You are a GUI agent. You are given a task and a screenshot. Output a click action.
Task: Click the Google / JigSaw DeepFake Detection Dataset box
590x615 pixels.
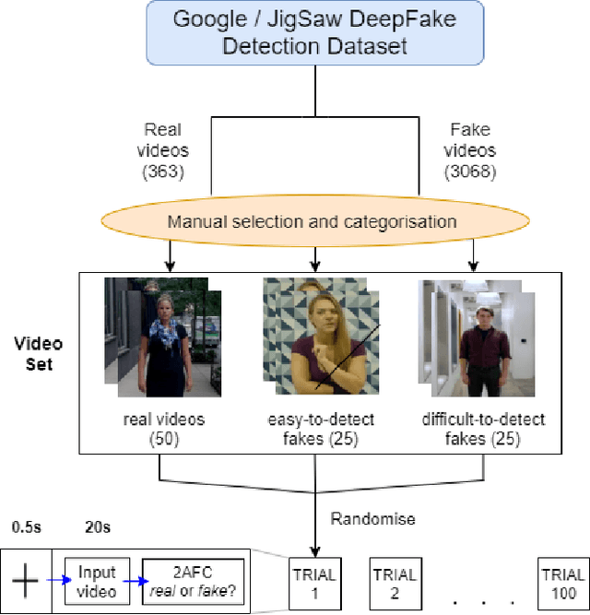[313, 33]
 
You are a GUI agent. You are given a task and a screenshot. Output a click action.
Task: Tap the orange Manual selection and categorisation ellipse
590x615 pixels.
[313, 220]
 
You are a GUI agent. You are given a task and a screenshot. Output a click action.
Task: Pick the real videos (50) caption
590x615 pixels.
[163, 429]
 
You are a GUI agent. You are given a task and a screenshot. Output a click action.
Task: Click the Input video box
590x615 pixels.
[97, 582]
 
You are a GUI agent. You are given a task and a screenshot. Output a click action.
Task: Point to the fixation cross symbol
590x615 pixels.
[25, 582]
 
